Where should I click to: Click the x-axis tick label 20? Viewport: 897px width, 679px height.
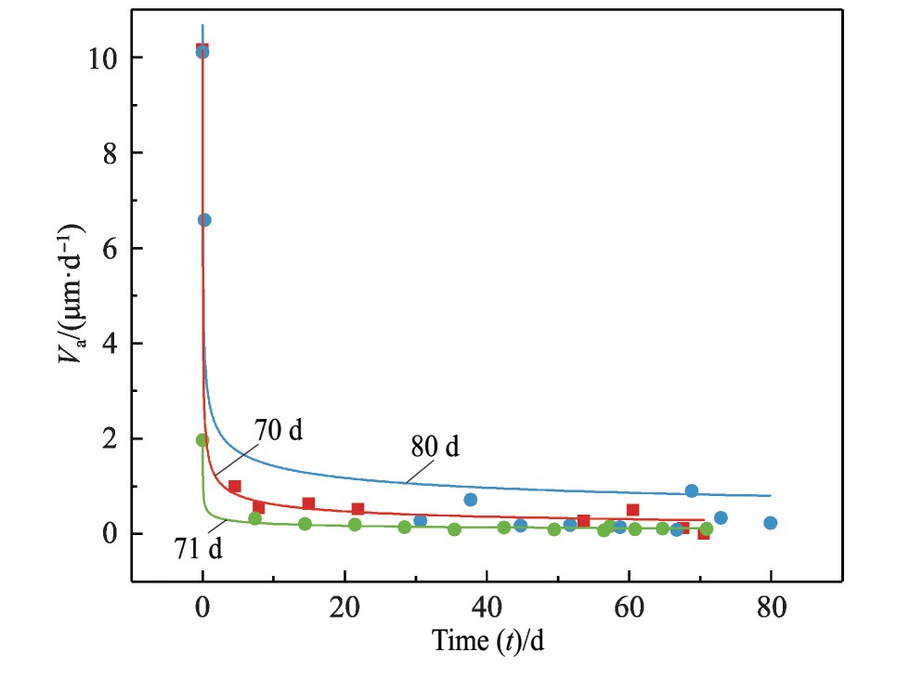coord(344,608)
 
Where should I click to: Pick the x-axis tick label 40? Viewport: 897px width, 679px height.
coord(487,608)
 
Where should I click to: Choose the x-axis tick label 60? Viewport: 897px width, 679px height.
coord(629,608)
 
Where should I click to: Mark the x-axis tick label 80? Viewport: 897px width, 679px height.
coord(771,608)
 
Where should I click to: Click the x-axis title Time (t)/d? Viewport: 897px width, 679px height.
coord(487,640)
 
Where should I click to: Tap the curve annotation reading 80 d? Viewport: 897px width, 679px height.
coord(435,448)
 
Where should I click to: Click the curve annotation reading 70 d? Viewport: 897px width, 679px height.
coord(279,431)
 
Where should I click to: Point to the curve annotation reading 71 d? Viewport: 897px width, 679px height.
coord(198,550)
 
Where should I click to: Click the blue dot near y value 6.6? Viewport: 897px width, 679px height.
coord(204,220)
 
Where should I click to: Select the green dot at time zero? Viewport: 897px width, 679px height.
coord(202,440)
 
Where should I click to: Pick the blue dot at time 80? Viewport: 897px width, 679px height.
coord(770,523)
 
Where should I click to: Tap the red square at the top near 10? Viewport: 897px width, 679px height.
coord(201,48)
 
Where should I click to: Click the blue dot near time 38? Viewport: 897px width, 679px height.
coord(471,500)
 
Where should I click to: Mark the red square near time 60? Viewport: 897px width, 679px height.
coord(632,510)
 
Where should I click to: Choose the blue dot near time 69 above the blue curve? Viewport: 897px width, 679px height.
coord(691,490)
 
